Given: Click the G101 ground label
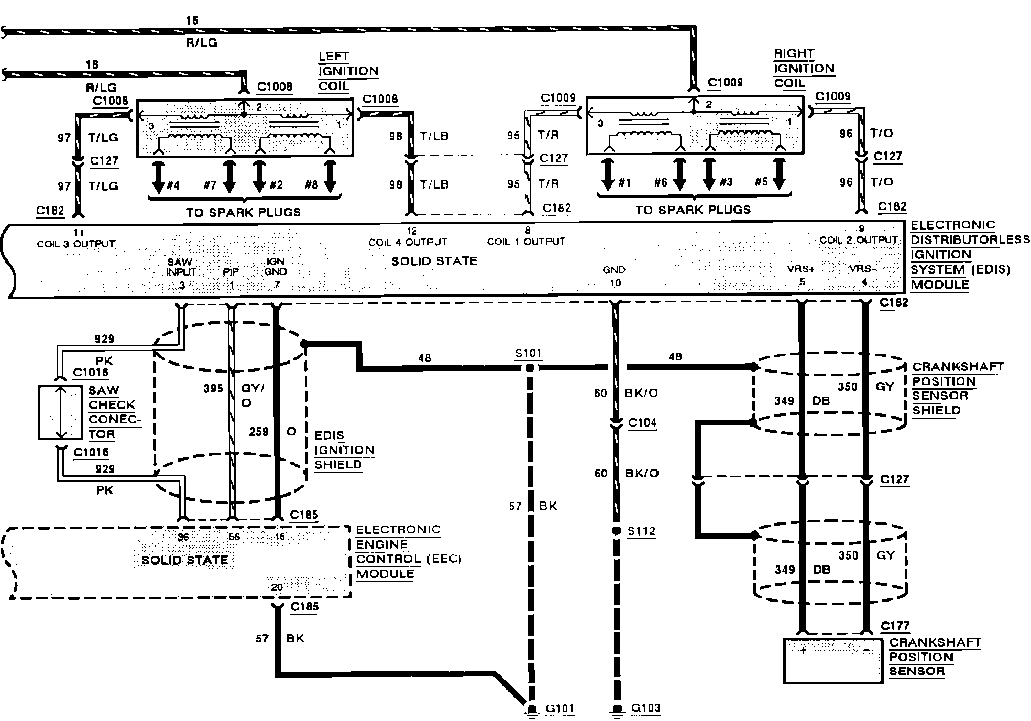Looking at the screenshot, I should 560,709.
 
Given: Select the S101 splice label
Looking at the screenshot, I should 528,354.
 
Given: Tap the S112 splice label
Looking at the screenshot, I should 641,531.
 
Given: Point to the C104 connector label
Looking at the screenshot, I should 642,423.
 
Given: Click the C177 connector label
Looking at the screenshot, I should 895,626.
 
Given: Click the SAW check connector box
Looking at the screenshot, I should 60,412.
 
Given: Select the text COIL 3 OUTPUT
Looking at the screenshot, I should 76,244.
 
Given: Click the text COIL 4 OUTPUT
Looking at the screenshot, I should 408,243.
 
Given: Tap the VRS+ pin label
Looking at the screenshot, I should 800,269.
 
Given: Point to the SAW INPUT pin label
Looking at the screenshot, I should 181,267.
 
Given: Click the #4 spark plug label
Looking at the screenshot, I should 173,185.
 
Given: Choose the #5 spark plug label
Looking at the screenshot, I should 761,182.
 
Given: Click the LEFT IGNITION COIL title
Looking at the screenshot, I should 347,71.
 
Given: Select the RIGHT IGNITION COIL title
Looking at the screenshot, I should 803,69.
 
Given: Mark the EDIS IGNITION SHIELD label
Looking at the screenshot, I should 344,450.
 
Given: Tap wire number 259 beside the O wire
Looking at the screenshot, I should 259,432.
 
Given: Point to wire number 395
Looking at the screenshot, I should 213,389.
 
